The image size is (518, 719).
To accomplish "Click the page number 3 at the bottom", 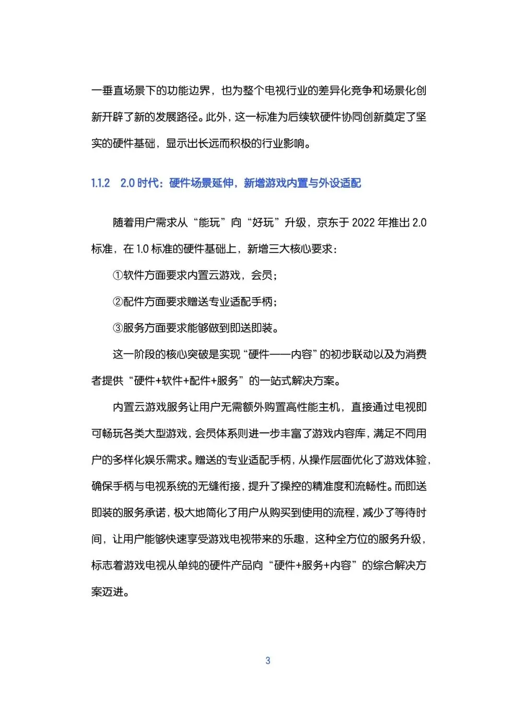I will [x=268, y=660].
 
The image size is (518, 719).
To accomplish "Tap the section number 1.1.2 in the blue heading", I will [x=101, y=183].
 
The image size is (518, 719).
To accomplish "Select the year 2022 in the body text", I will [x=364, y=223].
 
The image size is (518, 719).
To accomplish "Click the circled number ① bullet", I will [x=118, y=275].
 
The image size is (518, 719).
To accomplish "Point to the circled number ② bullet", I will [x=118, y=302].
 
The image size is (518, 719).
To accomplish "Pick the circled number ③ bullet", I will [x=118, y=328].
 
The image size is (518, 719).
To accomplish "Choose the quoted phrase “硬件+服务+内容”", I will [x=312, y=566].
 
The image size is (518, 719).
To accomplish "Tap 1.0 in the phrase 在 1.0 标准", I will [x=142, y=249].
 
